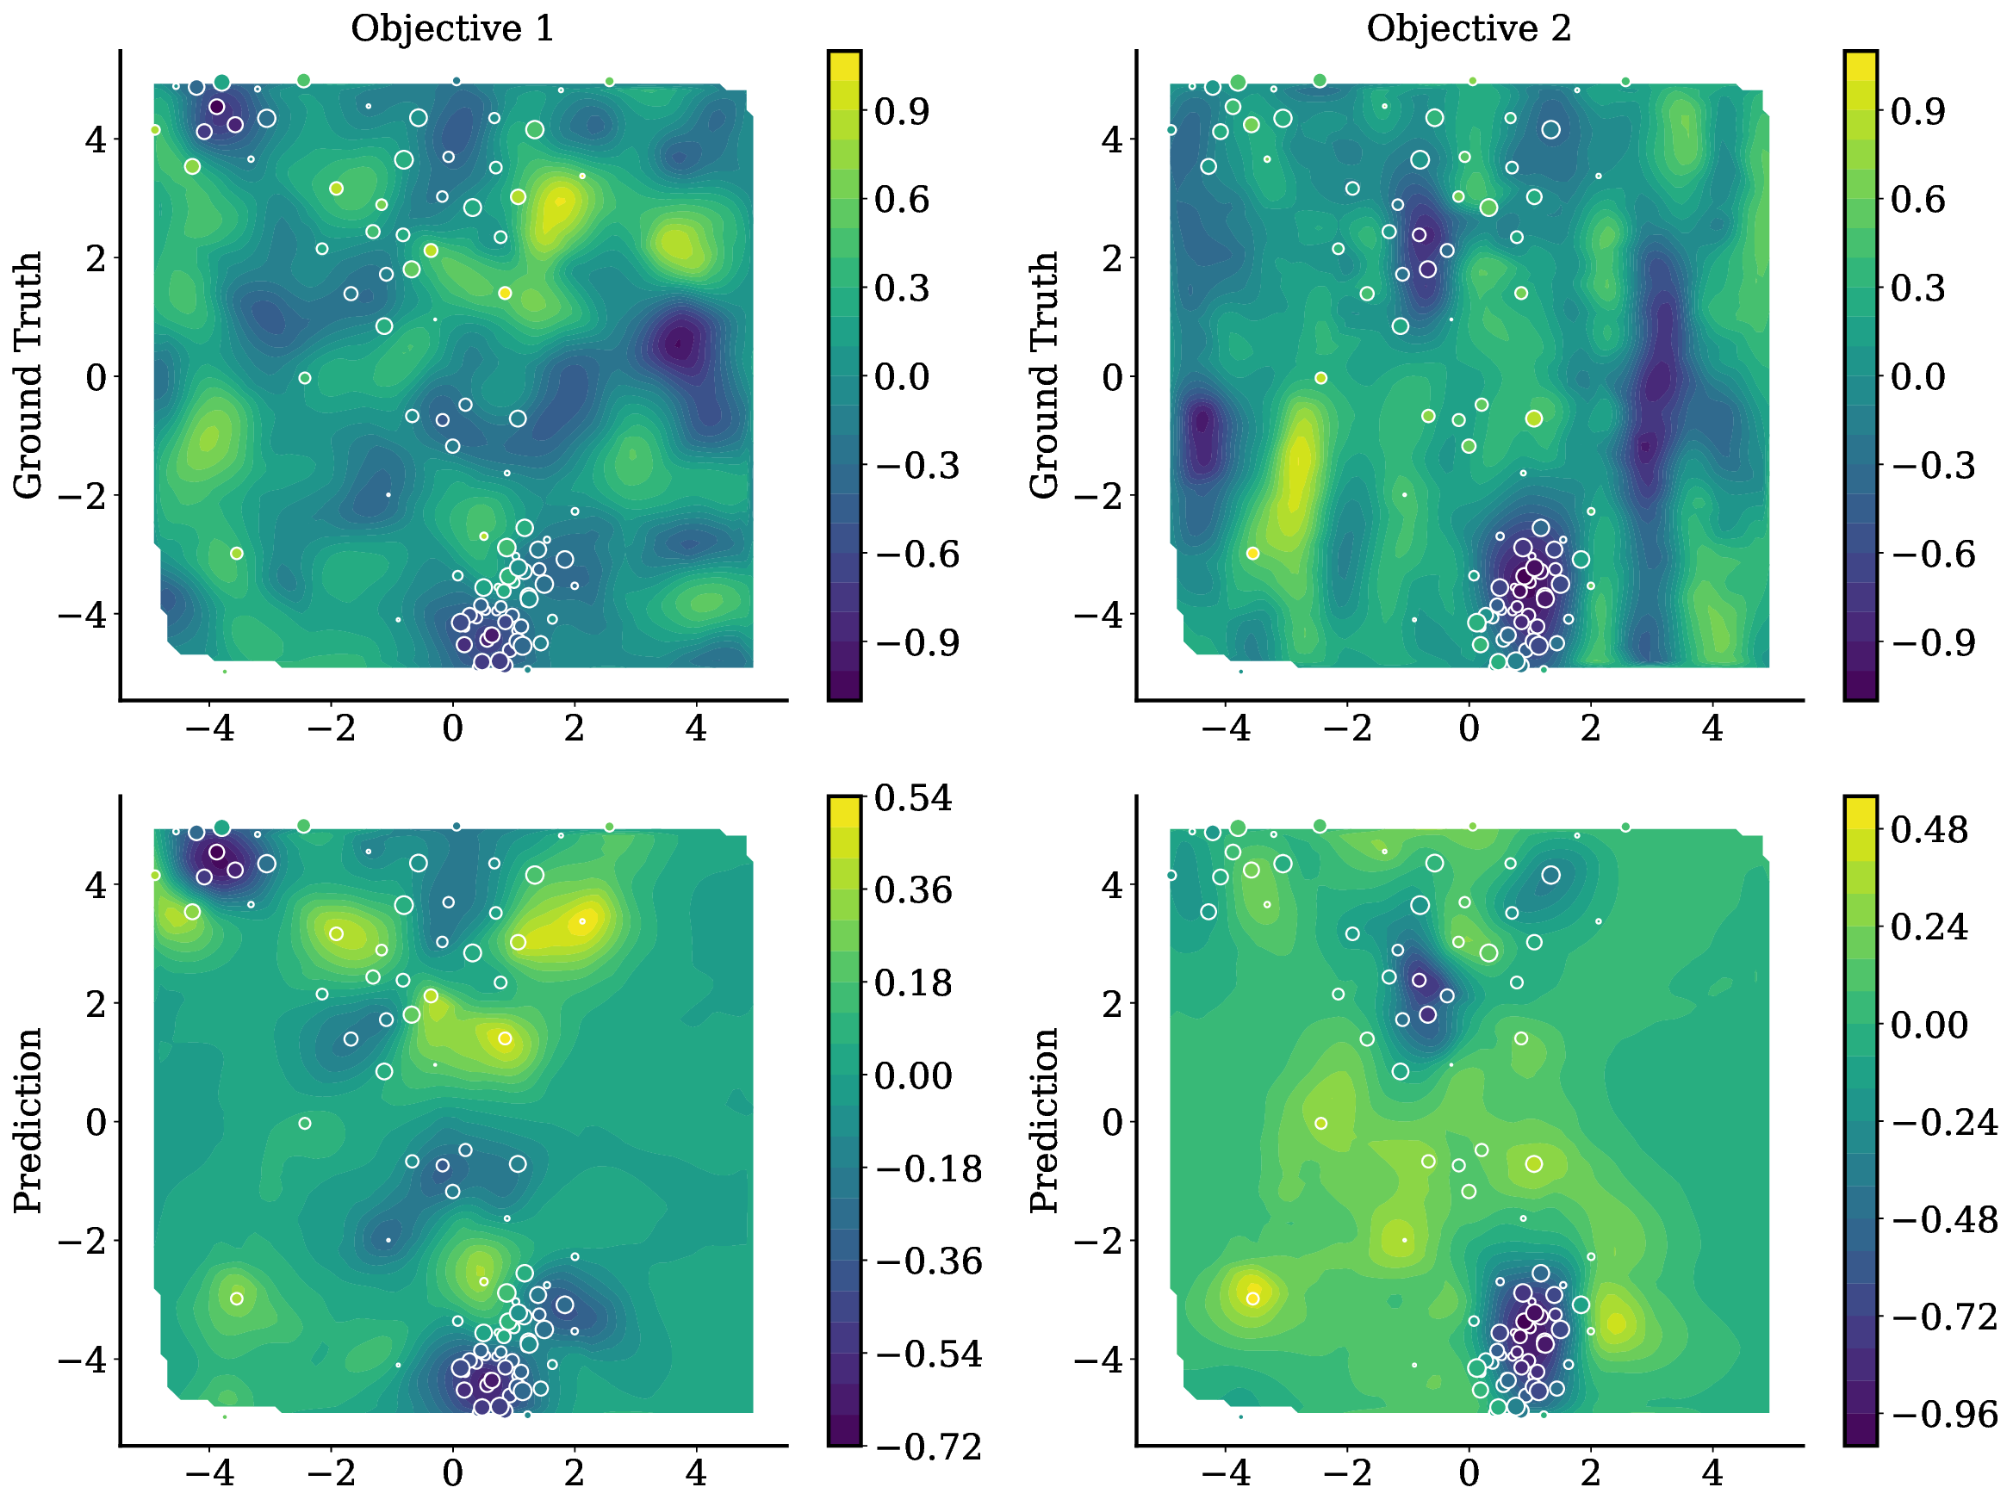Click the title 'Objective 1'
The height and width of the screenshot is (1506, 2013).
[x=452, y=29]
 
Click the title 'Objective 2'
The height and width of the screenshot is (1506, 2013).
[x=1468, y=29]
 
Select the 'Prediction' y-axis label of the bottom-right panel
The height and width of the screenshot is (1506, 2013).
[x=1045, y=1120]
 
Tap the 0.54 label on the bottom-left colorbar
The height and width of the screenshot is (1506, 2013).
[x=913, y=798]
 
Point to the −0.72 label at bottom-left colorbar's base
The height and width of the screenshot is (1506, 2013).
[x=929, y=1447]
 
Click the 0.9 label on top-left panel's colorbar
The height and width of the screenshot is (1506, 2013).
[x=901, y=112]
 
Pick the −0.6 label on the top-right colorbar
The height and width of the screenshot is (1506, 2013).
[x=1933, y=555]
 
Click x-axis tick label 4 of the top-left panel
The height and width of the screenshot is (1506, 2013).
[x=695, y=728]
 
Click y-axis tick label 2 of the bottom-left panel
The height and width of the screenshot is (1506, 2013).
[x=96, y=1003]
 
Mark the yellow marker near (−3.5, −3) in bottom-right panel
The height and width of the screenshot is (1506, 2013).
[x=1252, y=1298]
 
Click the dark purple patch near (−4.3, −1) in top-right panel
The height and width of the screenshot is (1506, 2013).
[x=1203, y=432]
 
